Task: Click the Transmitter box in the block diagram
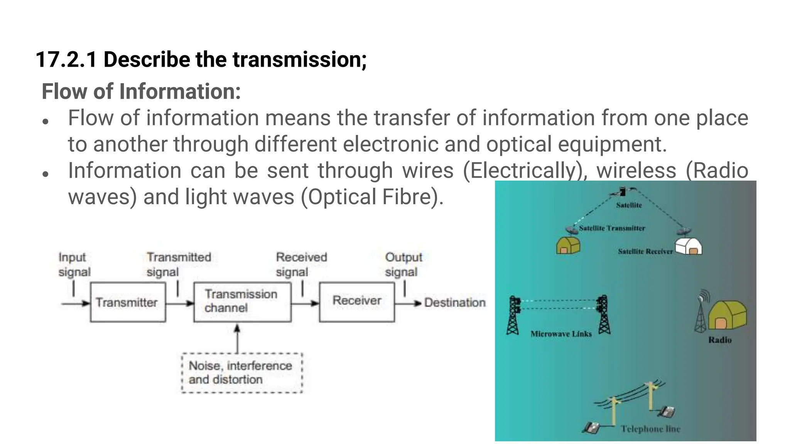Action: pyautogui.click(x=128, y=302)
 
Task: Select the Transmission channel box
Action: pyautogui.click(x=242, y=302)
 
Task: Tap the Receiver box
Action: pyautogui.click(x=357, y=302)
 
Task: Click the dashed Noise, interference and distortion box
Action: pyautogui.click(x=241, y=373)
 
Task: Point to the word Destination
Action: pyautogui.click(x=454, y=303)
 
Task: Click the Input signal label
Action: pyautogui.click(x=74, y=264)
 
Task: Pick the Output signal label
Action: pyautogui.click(x=403, y=264)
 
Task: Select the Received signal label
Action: pyautogui.click(x=301, y=264)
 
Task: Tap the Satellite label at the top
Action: pyautogui.click(x=629, y=205)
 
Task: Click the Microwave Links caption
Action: pyautogui.click(x=561, y=334)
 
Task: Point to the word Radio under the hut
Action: pyautogui.click(x=720, y=340)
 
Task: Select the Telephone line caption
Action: pyautogui.click(x=650, y=429)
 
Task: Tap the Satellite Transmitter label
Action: pyautogui.click(x=612, y=228)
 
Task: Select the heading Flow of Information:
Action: pyautogui.click(x=141, y=91)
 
